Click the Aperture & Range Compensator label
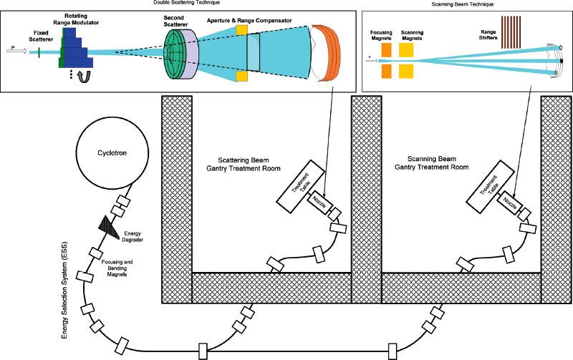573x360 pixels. [x=250, y=21]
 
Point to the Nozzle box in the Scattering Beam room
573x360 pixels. [x=319, y=203]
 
